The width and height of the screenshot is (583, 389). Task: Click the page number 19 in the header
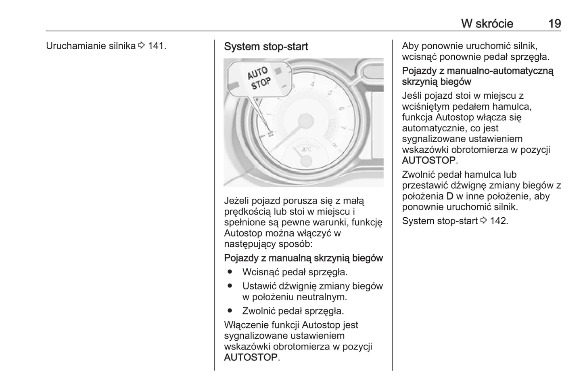(x=554, y=23)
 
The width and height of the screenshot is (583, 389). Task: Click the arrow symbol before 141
(x=141, y=46)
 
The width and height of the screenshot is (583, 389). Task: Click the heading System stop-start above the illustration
(x=266, y=47)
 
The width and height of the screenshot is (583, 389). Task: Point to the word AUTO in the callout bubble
(x=257, y=73)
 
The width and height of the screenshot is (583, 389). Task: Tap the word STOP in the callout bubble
(x=261, y=84)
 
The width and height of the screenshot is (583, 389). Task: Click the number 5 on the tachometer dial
(x=330, y=93)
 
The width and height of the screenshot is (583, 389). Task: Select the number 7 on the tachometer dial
(x=343, y=128)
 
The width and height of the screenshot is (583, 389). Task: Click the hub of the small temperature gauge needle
(x=306, y=161)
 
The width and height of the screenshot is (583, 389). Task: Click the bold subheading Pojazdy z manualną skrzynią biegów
(x=303, y=258)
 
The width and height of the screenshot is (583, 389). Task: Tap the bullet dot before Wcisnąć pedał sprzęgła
(x=230, y=272)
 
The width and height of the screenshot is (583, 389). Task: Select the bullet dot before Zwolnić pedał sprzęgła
(x=230, y=311)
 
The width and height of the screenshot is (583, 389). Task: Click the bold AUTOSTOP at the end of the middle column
(x=251, y=358)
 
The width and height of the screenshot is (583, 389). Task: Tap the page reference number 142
(x=498, y=221)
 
